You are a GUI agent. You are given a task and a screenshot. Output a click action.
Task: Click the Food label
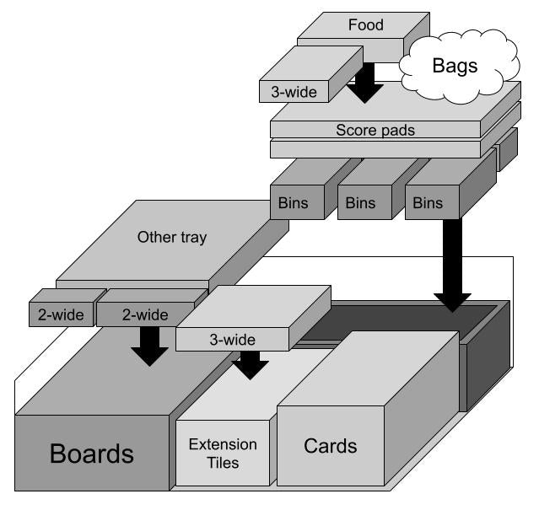click(x=366, y=25)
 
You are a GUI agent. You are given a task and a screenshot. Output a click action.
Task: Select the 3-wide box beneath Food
click(x=294, y=92)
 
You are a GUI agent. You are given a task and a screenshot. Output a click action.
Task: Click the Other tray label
click(x=172, y=238)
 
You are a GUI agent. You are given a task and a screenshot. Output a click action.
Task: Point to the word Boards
click(x=92, y=454)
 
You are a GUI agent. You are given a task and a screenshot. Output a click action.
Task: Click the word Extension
click(x=223, y=444)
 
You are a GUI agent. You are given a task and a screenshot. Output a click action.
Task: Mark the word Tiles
click(x=224, y=462)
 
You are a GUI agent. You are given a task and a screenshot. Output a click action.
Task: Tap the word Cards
click(x=330, y=446)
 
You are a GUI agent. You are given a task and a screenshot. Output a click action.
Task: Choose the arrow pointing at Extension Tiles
click(x=250, y=365)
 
